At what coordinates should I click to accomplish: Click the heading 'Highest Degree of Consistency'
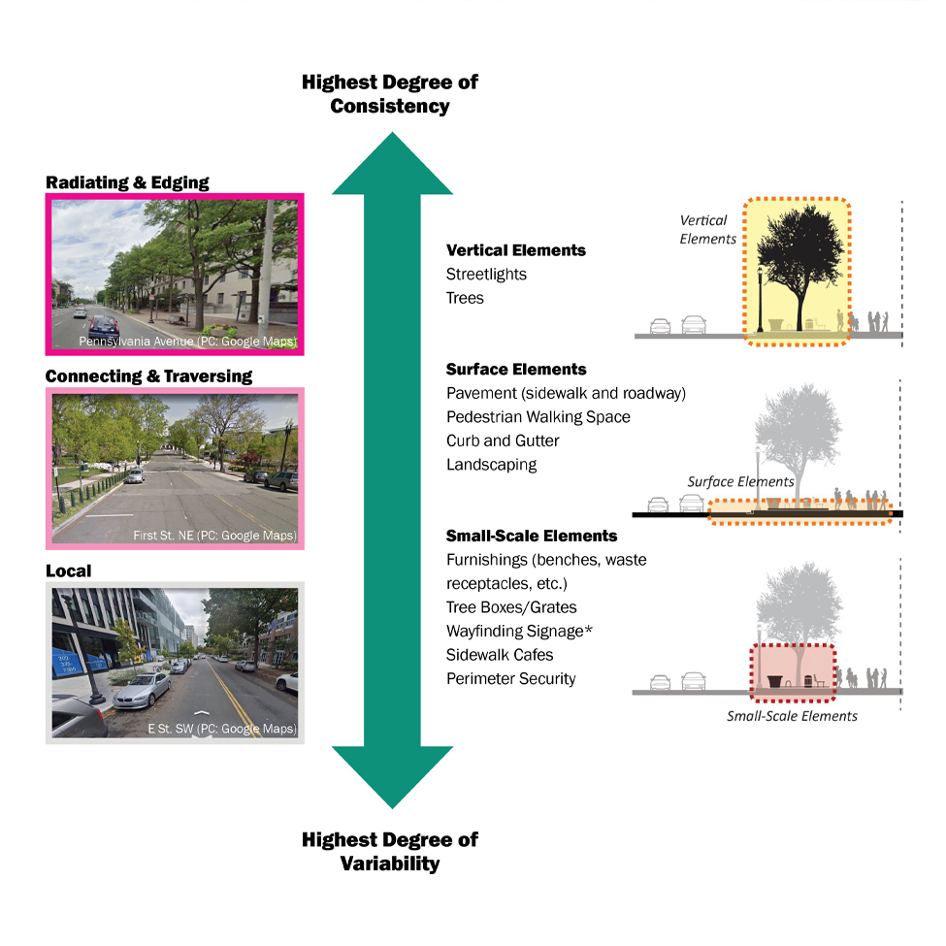point(389,94)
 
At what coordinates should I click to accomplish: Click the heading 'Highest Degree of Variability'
point(389,851)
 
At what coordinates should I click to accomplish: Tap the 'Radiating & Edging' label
point(127,182)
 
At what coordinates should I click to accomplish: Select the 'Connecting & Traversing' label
point(148,375)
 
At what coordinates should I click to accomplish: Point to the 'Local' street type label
point(69,571)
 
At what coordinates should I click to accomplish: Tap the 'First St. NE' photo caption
point(214,536)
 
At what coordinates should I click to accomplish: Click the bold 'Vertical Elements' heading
point(516,250)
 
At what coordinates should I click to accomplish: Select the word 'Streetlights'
point(486,275)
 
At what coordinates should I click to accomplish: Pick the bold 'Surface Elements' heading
point(516,370)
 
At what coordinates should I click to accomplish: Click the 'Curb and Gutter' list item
point(503,440)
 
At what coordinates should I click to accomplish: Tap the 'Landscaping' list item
point(491,465)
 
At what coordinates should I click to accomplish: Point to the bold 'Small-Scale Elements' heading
point(532,536)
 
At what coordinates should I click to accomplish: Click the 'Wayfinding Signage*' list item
point(519,632)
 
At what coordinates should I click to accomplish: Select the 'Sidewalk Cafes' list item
point(500,655)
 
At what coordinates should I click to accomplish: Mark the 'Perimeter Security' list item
point(511,679)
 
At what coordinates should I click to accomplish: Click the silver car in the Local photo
point(142,689)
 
